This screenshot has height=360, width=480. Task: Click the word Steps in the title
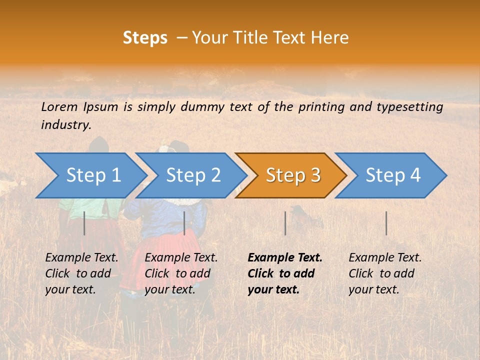point(145,38)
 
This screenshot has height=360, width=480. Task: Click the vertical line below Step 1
point(84,223)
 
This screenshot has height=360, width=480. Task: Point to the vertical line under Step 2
point(184,223)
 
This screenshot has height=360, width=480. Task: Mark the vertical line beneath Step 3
point(285,223)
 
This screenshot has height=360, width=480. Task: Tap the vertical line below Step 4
point(386,223)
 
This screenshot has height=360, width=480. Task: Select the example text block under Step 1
point(81,273)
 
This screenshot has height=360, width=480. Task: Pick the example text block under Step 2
point(181,273)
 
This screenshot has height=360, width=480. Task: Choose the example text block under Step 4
point(385,273)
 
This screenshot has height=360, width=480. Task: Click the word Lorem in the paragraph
point(59,106)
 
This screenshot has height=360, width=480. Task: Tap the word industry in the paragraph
point(66,125)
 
